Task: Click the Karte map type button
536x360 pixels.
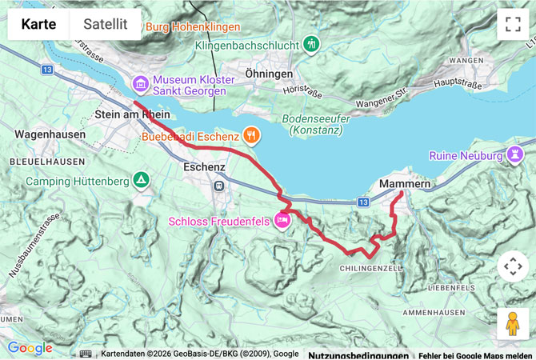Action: pyautogui.click(x=38, y=24)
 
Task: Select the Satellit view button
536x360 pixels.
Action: pyautogui.click(x=106, y=24)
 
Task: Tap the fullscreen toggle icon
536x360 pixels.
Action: pyautogui.click(x=512, y=24)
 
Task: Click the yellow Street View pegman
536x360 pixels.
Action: pyautogui.click(x=512, y=323)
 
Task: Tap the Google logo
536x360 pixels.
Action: pyautogui.click(x=30, y=348)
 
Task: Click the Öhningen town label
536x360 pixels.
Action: pyautogui.click(x=269, y=74)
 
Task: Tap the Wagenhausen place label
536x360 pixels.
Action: pyautogui.click(x=50, y=134)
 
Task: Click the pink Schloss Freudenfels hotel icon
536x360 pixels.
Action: pyautogui.click(x=282, y=220)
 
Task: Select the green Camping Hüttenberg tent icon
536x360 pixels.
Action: pyautogui.click(x=142, y=180)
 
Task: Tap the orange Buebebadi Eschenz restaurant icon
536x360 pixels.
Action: pyautogui.click(x=251, y=136)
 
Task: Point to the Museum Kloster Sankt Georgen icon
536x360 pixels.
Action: pyautogui.click(x=140, y=82)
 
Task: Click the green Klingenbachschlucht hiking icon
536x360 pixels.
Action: pyautogui.click(x=312, y=45)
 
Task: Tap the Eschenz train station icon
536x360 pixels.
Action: pyautogui.click(x=218, y=186)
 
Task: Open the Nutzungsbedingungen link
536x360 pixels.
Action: pyautogui.click(x=358, y=354)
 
